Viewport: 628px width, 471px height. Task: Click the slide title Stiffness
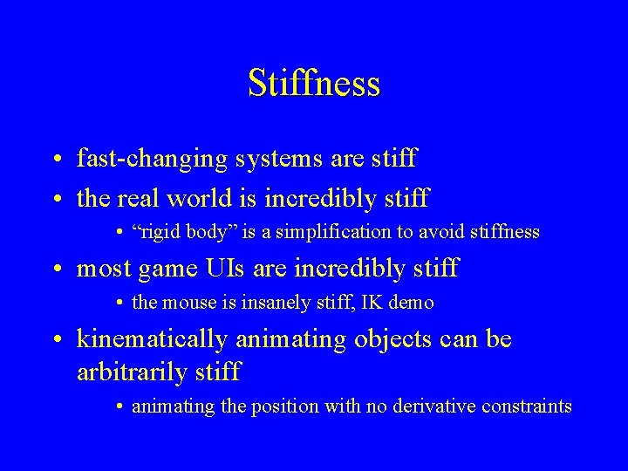tap(314, 83)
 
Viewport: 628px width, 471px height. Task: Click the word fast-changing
tap(153, 160)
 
